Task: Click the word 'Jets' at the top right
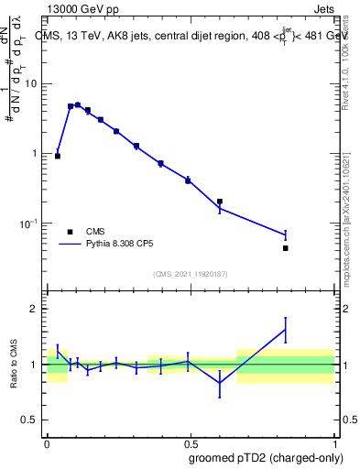(x=325, y=9)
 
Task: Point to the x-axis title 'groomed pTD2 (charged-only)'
(x=267, y=458)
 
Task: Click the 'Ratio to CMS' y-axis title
(x=15, y=365)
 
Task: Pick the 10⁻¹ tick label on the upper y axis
(x=29, y=224)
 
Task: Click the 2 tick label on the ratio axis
(x=37, y=309)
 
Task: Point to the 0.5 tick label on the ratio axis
(x=33, y=420)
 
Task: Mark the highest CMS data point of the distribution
(x=78, y=105)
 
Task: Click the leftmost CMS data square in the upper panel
(x=58, y=157)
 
